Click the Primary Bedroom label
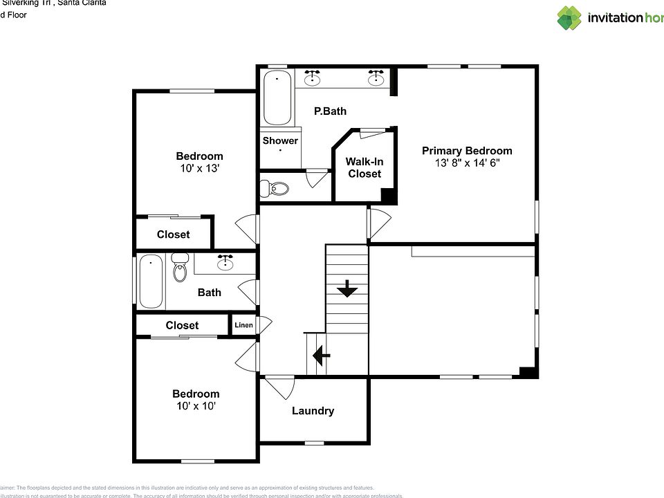467,151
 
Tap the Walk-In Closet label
365,167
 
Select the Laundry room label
313,411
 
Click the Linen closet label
243,325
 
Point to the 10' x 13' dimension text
199,168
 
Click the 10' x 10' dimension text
196,406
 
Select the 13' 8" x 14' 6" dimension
467,163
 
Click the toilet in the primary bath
276,188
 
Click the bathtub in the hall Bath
151,282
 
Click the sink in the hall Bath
225,262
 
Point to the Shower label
280,140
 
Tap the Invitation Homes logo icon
570,18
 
